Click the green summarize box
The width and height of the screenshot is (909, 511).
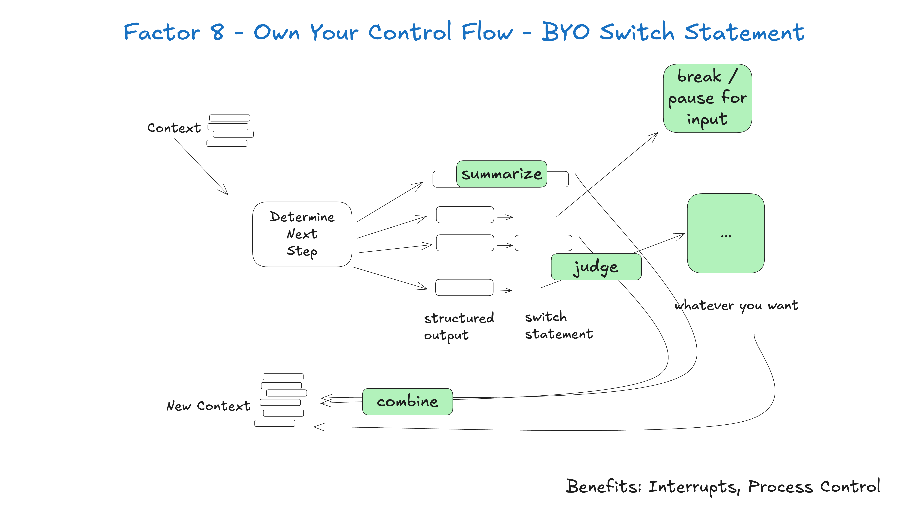(501, 174)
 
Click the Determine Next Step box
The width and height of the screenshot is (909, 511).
(302, 234)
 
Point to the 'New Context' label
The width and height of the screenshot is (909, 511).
(208, 406)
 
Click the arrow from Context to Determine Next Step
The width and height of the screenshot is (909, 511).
(201, 166)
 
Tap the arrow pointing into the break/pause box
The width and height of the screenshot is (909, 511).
(607, 175)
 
